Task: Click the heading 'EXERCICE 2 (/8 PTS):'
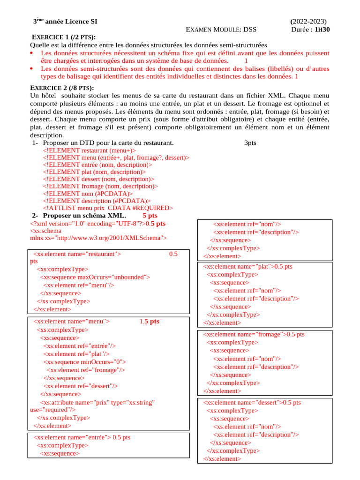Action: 62,88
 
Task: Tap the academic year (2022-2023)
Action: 309,22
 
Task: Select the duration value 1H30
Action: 322,29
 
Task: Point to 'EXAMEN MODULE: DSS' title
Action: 221,30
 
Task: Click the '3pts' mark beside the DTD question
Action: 250,142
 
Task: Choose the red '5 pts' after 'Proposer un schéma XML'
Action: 150,215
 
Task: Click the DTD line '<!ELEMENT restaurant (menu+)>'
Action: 89,150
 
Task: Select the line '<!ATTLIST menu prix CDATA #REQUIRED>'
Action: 108,208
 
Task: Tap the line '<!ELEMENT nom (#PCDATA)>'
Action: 88,193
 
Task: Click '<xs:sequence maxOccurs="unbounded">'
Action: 95,277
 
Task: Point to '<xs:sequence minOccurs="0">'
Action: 85,361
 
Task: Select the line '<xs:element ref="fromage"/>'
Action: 86,369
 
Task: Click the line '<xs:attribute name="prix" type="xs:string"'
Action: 97,402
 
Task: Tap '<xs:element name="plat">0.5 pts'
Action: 247,266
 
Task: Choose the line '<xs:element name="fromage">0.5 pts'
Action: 254,334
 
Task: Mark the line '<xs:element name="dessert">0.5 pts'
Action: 252,402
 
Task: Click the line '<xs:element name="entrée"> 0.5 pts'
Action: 82,437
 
